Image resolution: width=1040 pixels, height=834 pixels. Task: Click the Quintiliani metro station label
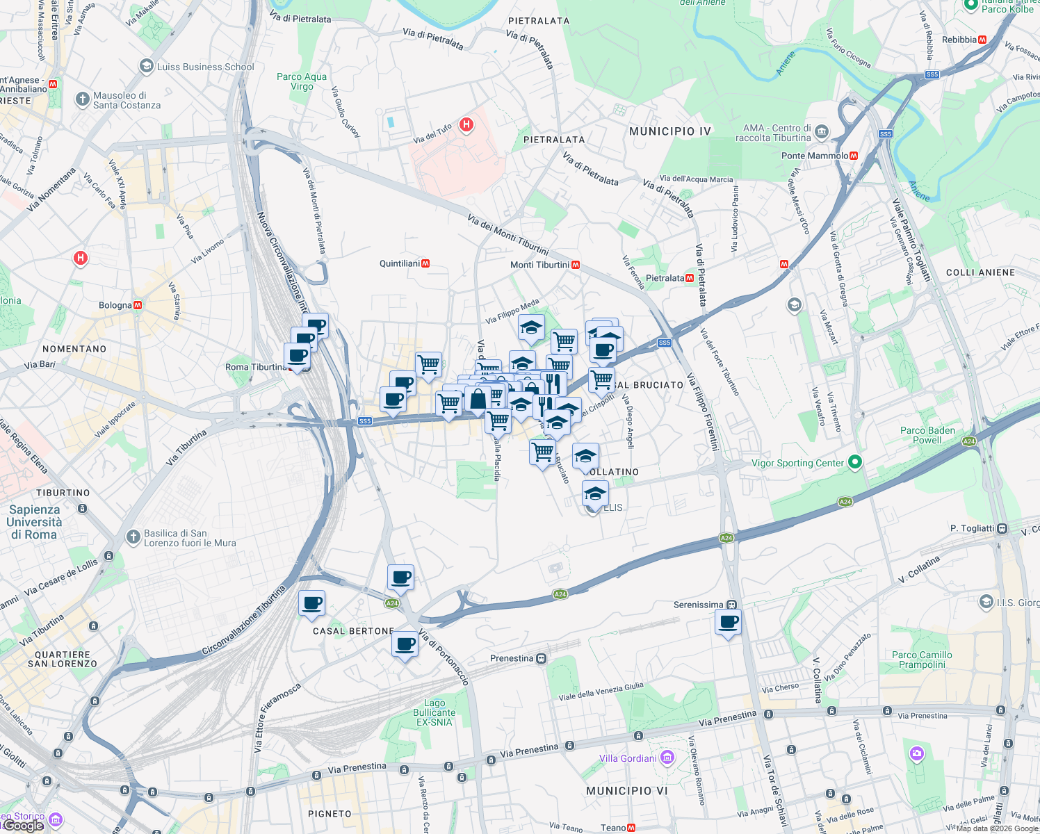[400, 263]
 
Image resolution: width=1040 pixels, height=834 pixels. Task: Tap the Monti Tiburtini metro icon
[576, 265]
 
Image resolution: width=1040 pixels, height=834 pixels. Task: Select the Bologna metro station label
[115, 305]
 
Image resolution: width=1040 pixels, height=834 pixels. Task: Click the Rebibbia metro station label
[959, 40]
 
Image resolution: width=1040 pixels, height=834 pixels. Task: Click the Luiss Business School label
[205, 67]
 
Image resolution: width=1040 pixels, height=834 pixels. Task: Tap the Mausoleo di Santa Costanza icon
[83, 99]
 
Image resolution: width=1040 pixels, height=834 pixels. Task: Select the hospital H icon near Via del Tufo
[466, 125]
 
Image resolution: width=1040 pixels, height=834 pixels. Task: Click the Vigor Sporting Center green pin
[855, 462]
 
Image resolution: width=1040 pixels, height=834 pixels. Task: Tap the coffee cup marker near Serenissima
[728, 622]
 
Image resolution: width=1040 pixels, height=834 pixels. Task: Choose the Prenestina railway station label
[512, 658]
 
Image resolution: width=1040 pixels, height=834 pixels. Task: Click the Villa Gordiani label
[628, 758]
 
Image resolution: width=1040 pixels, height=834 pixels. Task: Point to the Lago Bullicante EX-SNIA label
[434, 713]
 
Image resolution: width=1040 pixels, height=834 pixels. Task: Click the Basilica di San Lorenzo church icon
[133, 537]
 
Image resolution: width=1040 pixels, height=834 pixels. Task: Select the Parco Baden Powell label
[927, 435]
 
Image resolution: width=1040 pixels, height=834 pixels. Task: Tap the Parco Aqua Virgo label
[302, 81]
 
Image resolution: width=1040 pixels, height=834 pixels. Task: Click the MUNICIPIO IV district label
[669, 131]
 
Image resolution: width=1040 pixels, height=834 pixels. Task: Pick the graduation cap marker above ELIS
[595, 493]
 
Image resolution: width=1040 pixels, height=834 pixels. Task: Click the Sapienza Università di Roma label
[34, 522]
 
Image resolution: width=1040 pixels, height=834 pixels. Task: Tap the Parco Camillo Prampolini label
[922, 660]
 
